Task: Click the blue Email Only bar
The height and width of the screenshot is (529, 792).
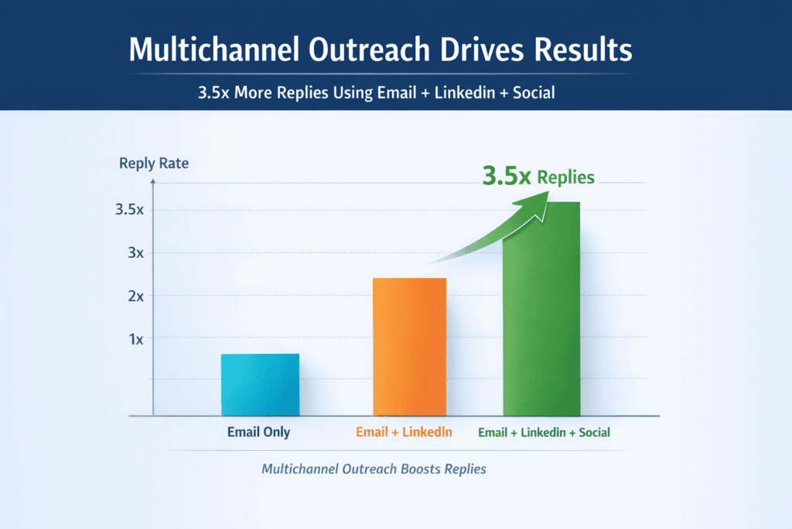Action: [260, 385]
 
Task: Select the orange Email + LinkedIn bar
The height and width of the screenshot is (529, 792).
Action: [409, 347]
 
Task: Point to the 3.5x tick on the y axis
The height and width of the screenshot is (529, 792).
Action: [129, 210]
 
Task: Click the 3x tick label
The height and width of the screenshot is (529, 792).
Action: [135, 253]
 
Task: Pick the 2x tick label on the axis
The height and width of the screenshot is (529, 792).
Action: [135, 296]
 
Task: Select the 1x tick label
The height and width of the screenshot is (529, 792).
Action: [135, 338]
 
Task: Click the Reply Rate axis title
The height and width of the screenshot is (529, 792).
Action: [153, 163]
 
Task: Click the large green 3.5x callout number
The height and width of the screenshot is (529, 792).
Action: [506, 177]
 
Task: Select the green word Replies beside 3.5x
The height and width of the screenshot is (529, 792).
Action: [566, 177]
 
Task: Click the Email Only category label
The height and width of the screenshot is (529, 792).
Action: [258, 432]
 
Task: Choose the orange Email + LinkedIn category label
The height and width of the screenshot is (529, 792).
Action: [404, 432]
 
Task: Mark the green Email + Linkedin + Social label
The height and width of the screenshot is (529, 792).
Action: [544, 432]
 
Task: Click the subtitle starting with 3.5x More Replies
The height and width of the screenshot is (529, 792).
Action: [375, 92]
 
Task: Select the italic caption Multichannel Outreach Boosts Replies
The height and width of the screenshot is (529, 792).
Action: [374, 469]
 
